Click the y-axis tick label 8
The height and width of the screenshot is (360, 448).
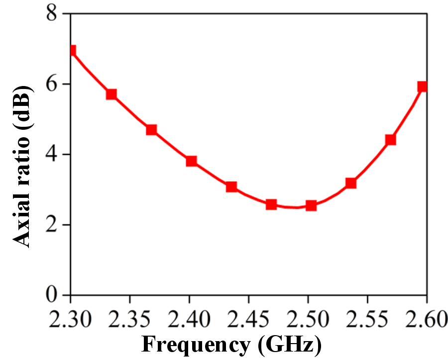coord(52,13)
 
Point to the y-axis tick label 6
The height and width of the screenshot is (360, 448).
coord(52,84)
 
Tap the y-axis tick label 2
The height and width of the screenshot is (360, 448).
coord(52,224)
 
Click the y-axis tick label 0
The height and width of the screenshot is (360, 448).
coord(52,295)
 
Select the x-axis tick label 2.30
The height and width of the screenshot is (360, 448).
coord(70,318)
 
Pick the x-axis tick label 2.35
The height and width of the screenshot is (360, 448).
coord(130,318)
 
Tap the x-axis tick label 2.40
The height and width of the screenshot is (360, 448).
coord(189,318)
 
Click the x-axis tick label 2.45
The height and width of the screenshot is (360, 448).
coord(248,318)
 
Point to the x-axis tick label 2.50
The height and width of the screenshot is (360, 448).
coord(308,318)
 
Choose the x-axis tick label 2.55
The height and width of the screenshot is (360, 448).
coord(367,318)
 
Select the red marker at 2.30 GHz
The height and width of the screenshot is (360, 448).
coord(73,51)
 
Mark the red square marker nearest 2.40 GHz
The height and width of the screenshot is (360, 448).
coord(192,161)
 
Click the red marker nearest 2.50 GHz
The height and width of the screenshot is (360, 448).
coord(311,205)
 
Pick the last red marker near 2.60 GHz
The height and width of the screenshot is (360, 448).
coord(422,86)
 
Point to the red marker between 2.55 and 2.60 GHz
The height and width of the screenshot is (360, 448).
coord(391,140)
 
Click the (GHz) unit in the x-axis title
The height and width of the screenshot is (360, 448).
coord(289,346)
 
